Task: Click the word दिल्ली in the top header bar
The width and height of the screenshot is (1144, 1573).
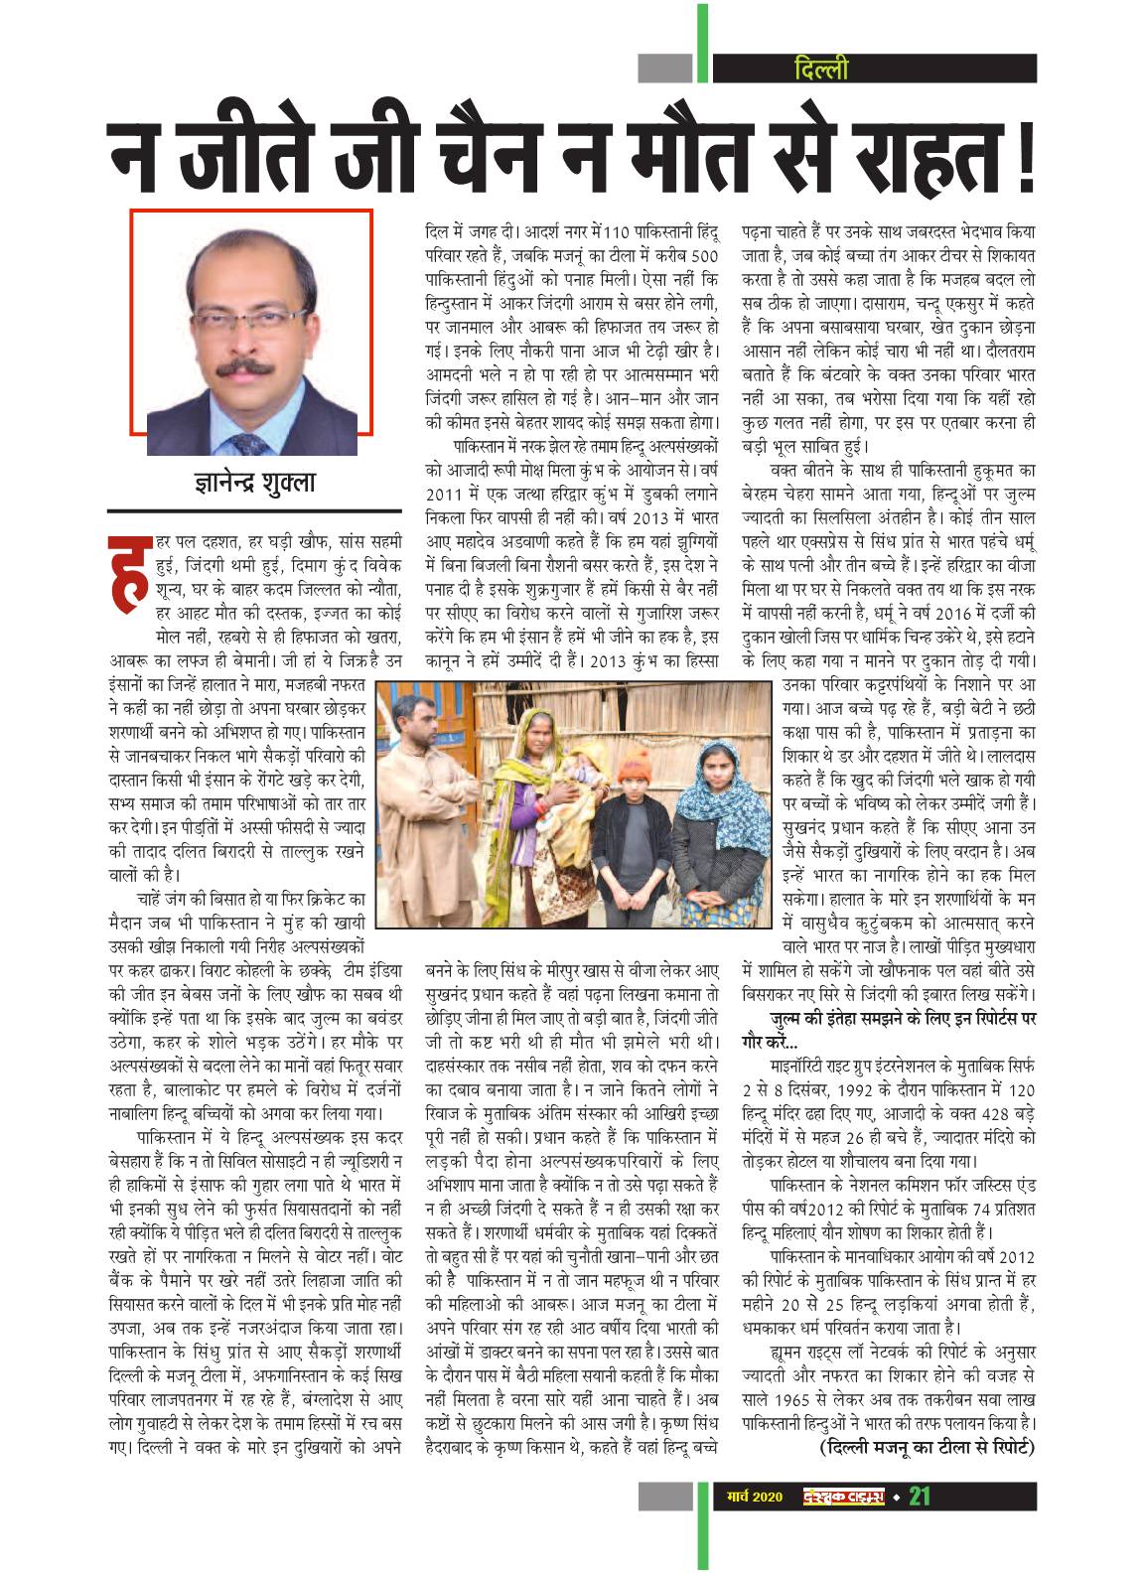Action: point(822,69)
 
